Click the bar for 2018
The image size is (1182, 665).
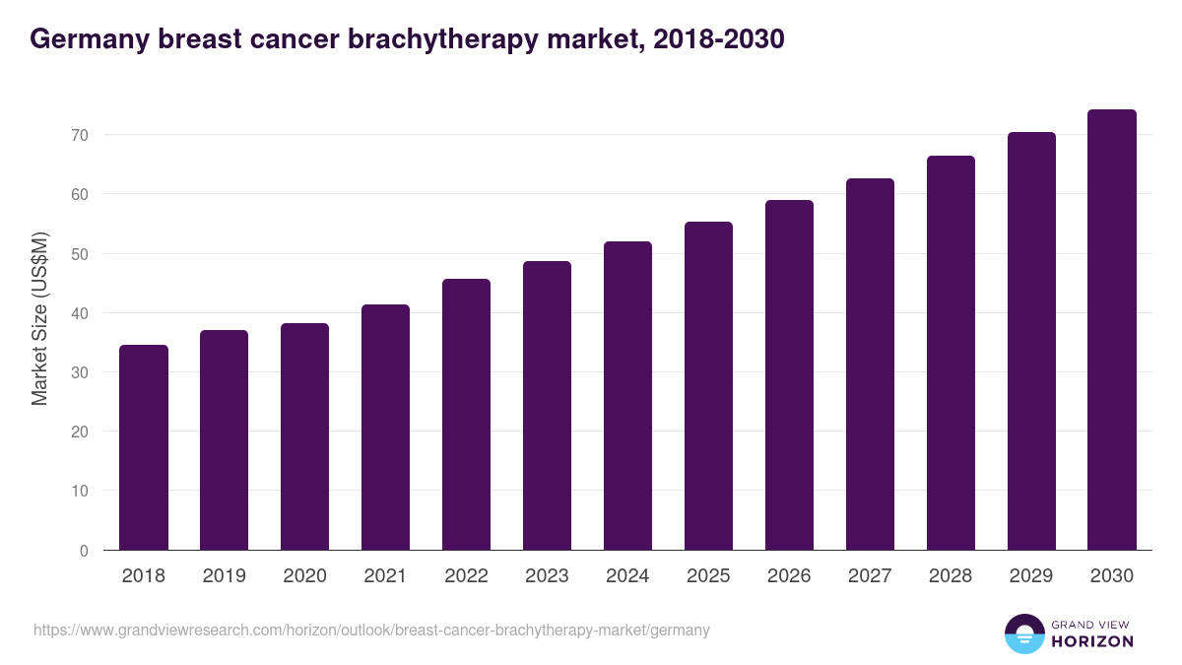pos(144,447)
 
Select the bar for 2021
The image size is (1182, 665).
pos(385,428)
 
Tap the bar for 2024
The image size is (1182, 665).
pos(627,396)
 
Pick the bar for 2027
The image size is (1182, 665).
pos(870,365)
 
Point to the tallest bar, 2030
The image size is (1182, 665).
pos(1112,330)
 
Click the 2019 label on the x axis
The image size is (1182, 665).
pos(225,576)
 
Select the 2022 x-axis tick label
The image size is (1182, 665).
pos(466,576)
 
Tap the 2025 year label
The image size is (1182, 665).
pos(708,576)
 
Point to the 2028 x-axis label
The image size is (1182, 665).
pos(951,576)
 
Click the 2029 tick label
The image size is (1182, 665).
pos(1031,576)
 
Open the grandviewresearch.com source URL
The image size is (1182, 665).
pos(371,630)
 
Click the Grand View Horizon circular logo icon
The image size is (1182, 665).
pos(1023,633)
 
